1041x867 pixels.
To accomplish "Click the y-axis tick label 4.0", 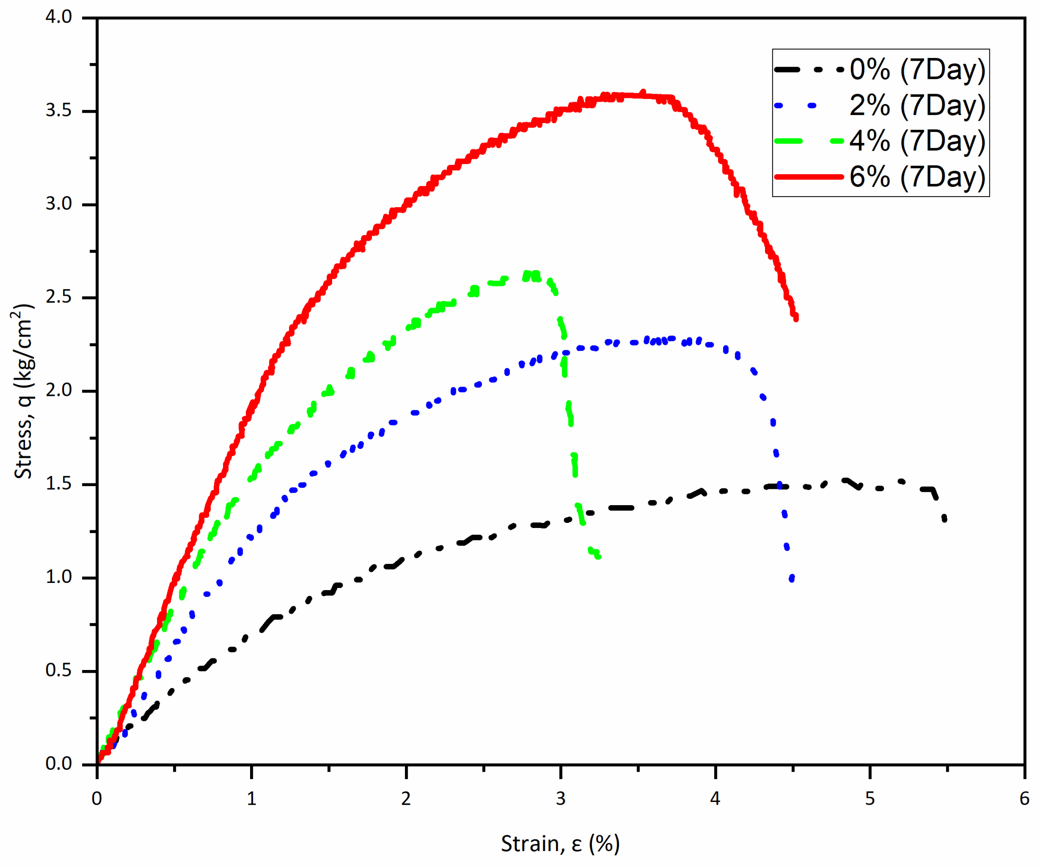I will click(x=58, y=17).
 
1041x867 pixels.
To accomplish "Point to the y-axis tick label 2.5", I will click(x=58, y=297).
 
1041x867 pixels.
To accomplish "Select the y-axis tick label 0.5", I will click(x=58, y=670).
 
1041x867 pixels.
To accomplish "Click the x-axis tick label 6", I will click(x=1024, y=798).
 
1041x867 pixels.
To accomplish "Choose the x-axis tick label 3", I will click(x=561, y=798).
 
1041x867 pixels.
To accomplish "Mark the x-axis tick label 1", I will click(x=251, y=798).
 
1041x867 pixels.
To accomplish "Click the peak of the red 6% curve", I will click(x=643, y=93).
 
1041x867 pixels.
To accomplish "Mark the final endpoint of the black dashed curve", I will click(x=944, y=519).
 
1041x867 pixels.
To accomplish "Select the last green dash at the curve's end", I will click(x=597, y=556).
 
